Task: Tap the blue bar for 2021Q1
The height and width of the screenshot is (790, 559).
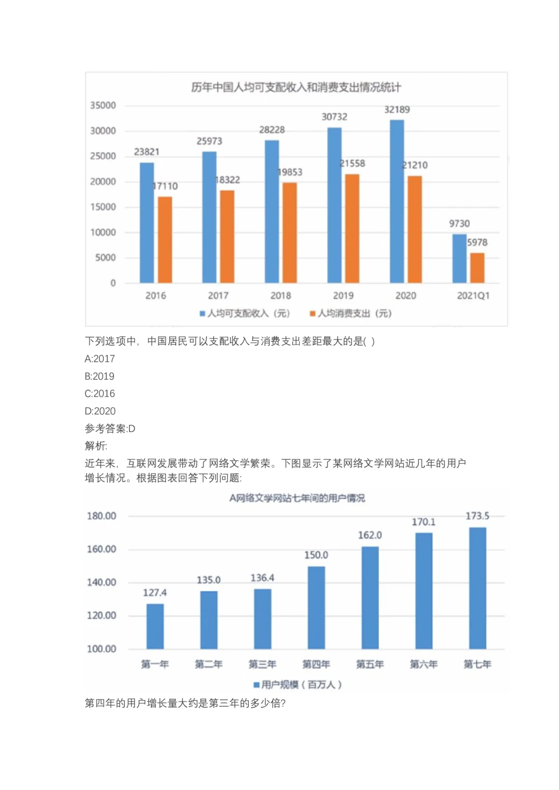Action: [459, 258]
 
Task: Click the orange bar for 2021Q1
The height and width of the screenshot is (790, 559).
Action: [477, 268]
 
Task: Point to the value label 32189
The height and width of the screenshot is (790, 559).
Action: [397, 110]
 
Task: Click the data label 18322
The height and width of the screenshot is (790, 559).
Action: [228, 180]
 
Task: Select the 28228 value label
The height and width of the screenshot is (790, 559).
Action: [272, 130]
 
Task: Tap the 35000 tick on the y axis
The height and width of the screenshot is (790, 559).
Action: [103, 106]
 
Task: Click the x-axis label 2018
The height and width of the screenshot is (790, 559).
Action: [281, 296]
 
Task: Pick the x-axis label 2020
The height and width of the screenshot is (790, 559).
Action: [406, 296]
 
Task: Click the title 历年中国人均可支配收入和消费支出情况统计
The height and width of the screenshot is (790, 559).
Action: [296, 87]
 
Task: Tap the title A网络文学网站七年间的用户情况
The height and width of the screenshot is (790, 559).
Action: [297, 498]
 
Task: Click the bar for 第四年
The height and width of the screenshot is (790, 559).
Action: [316, 607]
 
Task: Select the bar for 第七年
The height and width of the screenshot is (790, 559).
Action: [477, 588]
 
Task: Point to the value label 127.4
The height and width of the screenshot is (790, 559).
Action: [155, 593]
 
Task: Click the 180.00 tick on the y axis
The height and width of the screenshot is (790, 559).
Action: [101, 516]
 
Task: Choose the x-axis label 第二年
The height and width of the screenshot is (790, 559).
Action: [209, 664]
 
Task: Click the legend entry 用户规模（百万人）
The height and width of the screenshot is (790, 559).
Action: [297, 684]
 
